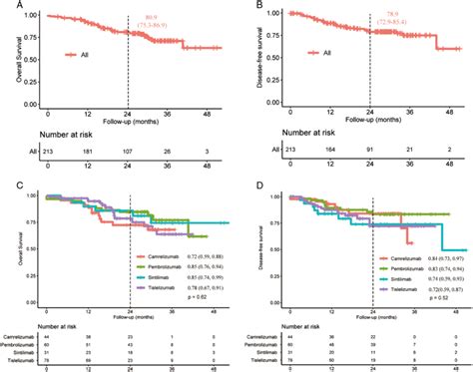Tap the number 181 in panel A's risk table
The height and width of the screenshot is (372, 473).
(91, 153)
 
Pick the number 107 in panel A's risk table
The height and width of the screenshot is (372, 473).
(130, 153)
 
